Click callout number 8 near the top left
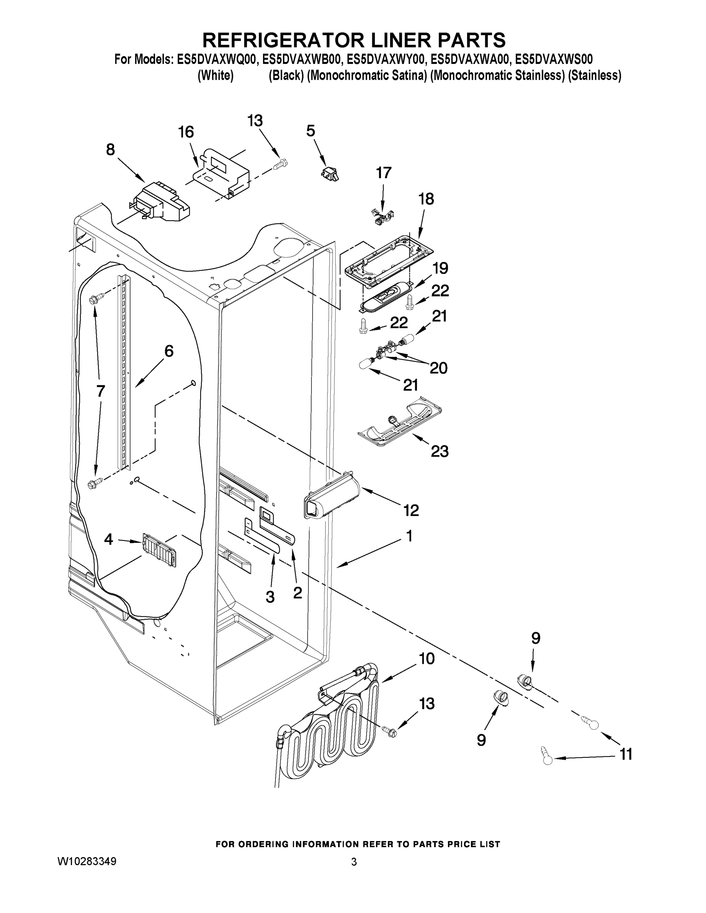tap(110, 149)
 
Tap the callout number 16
tap(186, 132)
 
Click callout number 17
tap(384, 173)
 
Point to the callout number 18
tap(426, 199)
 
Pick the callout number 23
tap(440, 451)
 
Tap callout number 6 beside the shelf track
tap(169, 351)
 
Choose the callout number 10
tap(427, 659)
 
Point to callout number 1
tap(410, 536)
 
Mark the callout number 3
tap(270, 597)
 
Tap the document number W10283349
tap(87, 861)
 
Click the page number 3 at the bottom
tap(354, 862)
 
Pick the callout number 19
tap(440, 268)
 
